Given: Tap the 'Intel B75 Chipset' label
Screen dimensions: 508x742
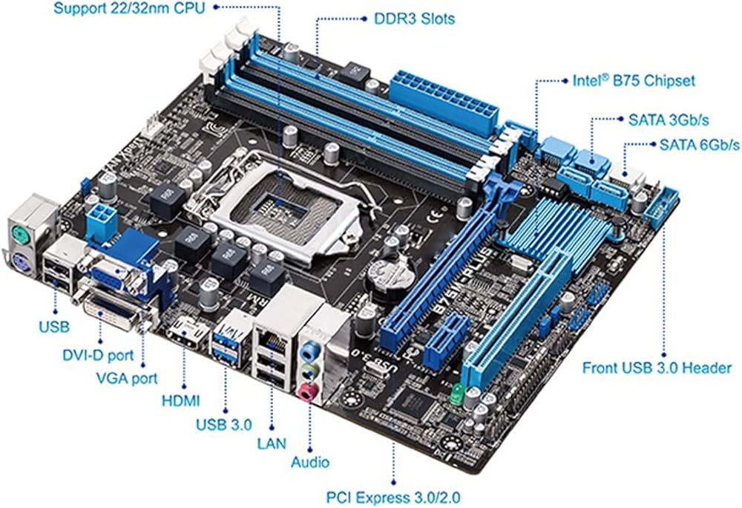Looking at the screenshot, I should click(x=634, y=79).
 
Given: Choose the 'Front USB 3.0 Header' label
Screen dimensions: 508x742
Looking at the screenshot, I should click(x=657, y=368).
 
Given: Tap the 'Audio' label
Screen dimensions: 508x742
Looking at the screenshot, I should click(x=309, y=462).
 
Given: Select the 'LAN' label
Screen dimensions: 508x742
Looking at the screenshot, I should click(x=272, y=443).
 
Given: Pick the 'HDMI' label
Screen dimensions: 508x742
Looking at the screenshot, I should click(x=181, y=401).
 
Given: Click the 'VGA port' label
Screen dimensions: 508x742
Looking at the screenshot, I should click(x=127, y=378).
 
